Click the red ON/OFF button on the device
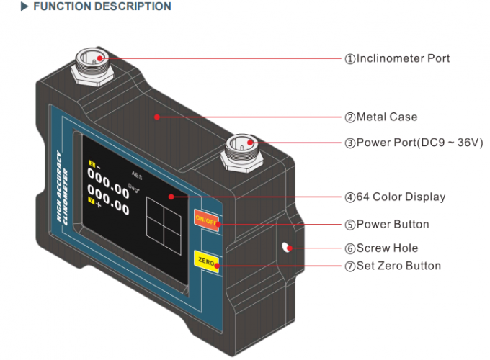(206, 220)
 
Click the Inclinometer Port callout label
(397, 58)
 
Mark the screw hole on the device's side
(286, 248)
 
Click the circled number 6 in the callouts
(349, 248)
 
